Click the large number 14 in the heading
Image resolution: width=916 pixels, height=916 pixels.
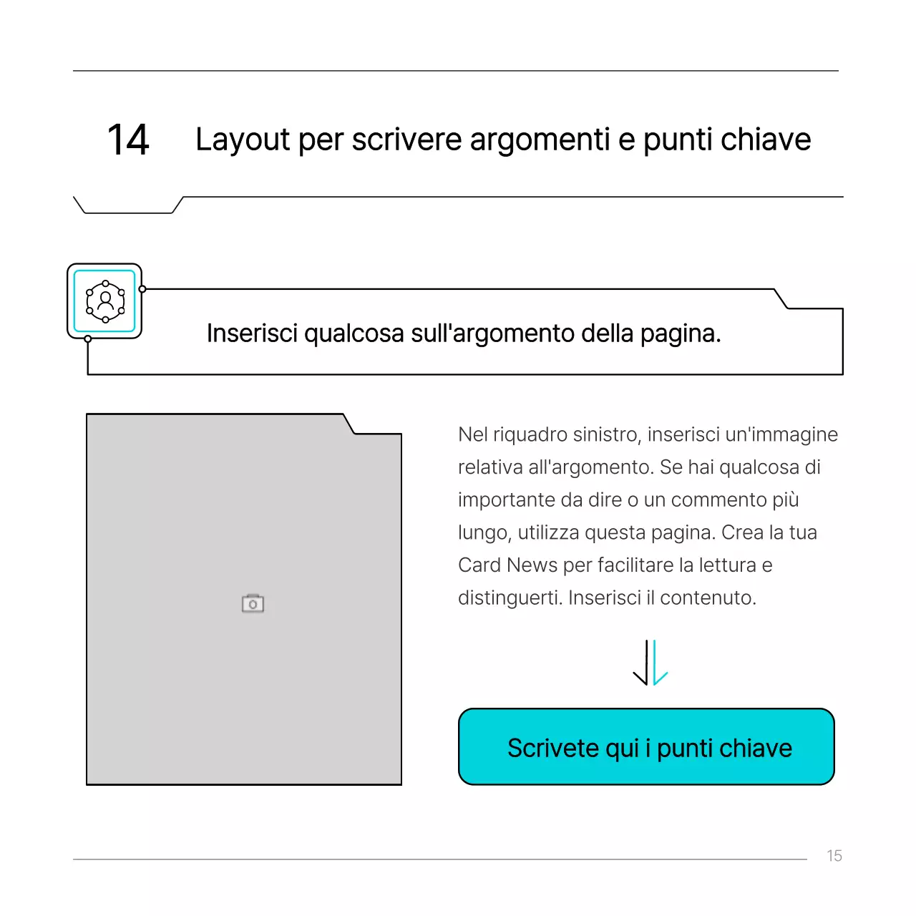128,140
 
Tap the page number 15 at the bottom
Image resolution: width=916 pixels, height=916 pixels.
834,856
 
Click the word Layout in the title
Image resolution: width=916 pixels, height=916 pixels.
243,140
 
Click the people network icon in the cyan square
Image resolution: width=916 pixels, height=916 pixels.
105,301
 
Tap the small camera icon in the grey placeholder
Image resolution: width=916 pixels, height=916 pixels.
253,604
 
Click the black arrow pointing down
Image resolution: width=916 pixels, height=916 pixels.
643,664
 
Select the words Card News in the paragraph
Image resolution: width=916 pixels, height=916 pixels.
507,565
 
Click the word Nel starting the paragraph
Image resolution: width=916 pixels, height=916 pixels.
472,434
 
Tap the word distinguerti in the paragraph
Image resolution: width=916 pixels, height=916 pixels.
510,598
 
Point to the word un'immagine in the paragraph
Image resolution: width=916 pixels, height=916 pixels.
781,434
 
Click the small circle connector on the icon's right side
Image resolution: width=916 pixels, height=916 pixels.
142,289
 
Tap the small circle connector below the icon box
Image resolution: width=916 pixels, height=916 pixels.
88,339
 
